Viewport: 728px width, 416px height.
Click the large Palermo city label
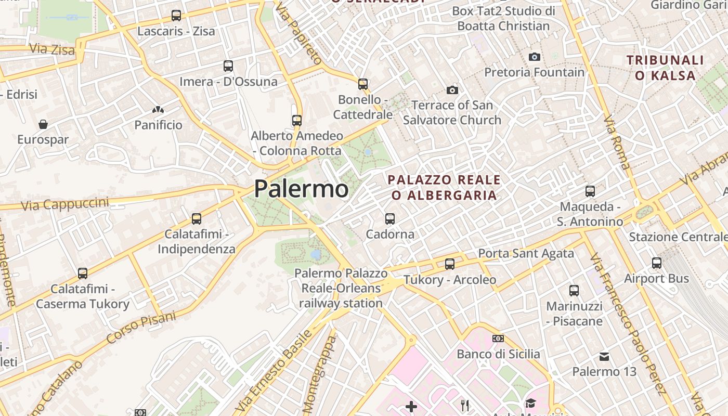coord(301,189)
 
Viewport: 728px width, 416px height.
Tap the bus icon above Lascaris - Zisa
coord(176,16)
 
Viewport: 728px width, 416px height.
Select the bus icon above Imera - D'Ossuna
coord(228,66)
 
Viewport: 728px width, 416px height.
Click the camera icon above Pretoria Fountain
coord(534,57)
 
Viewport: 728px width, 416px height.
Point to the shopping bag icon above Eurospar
coord(43,124)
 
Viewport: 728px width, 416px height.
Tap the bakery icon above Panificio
coord(158,110)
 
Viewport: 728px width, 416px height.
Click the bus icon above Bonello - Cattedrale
coord(363,84)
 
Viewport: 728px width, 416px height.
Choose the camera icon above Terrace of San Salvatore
coord(452,90)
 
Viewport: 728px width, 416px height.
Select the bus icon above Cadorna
coord(390,219)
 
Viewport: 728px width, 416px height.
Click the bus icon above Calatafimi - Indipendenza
coord(197,219)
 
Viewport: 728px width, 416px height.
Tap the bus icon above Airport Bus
coord(657,263)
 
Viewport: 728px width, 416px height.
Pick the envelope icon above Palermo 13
coord(604,357)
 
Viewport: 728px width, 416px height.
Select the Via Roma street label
coord(617,142)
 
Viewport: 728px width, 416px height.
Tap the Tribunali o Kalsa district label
coord(665,68)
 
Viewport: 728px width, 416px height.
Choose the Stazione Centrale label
coord(678,237)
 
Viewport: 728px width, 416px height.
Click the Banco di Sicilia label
coord(498,354)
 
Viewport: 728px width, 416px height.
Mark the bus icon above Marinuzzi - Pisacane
coord(574,291)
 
